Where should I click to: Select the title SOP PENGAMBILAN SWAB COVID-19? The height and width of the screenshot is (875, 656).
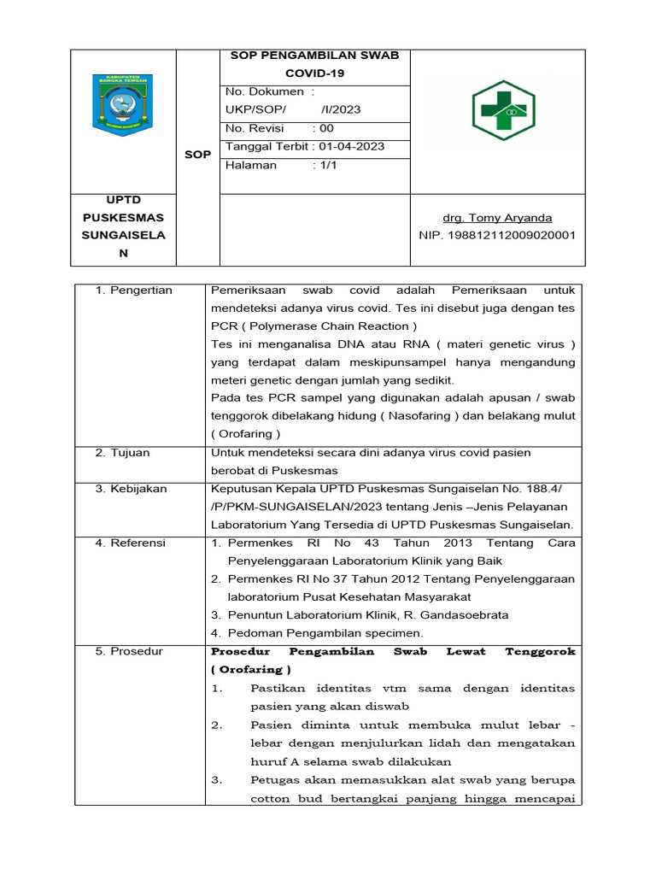pyautogui.click(x=314, y=64)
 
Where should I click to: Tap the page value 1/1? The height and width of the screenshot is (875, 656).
pyautogui.click(x=327, y=165)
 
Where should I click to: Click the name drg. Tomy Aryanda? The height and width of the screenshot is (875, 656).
pyautogui.click(x=497, y=218)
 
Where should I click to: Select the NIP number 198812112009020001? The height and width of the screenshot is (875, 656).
pyautogui.click(x=497, y=235)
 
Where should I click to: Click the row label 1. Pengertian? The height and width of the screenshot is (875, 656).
pyautogui.click(x=134, y=291)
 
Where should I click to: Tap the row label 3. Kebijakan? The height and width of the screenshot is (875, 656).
pyautogui.click(x=132, y=489)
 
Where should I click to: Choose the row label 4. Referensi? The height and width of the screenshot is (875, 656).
pyautogui.click(x=131, y=543)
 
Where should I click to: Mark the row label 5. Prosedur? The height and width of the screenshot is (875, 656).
pyautogui.click(x=129, y=651)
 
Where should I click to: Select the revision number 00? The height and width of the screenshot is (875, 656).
pyautogui.click(x=327, y=128)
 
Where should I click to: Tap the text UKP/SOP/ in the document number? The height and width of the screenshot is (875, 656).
pyautogui.click(x=255, y=109)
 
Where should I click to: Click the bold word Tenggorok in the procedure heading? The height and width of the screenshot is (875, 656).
pyautogui.click(x=541, y=651)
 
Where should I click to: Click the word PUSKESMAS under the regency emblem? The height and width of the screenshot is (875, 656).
pyautogui.click(x=123, y=217)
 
